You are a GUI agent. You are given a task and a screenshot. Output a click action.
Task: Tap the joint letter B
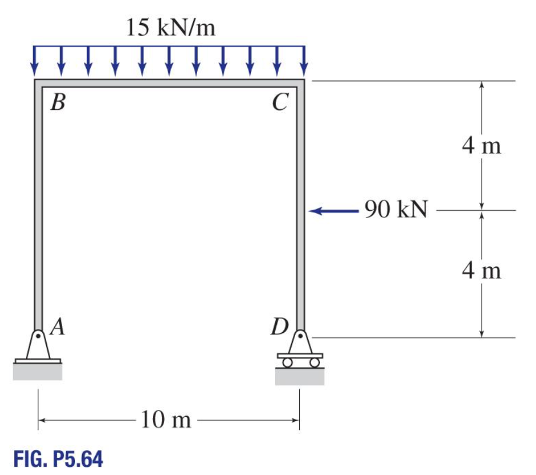coord(57,104)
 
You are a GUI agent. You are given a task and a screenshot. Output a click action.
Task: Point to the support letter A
coord(57,326)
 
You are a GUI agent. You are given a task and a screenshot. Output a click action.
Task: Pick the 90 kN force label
coord(395,210)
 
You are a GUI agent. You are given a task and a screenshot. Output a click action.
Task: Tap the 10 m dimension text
coord(167,421)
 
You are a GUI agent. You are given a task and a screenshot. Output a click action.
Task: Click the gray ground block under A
coord(38,372)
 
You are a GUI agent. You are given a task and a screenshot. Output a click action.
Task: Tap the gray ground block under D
coord(300,376)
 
